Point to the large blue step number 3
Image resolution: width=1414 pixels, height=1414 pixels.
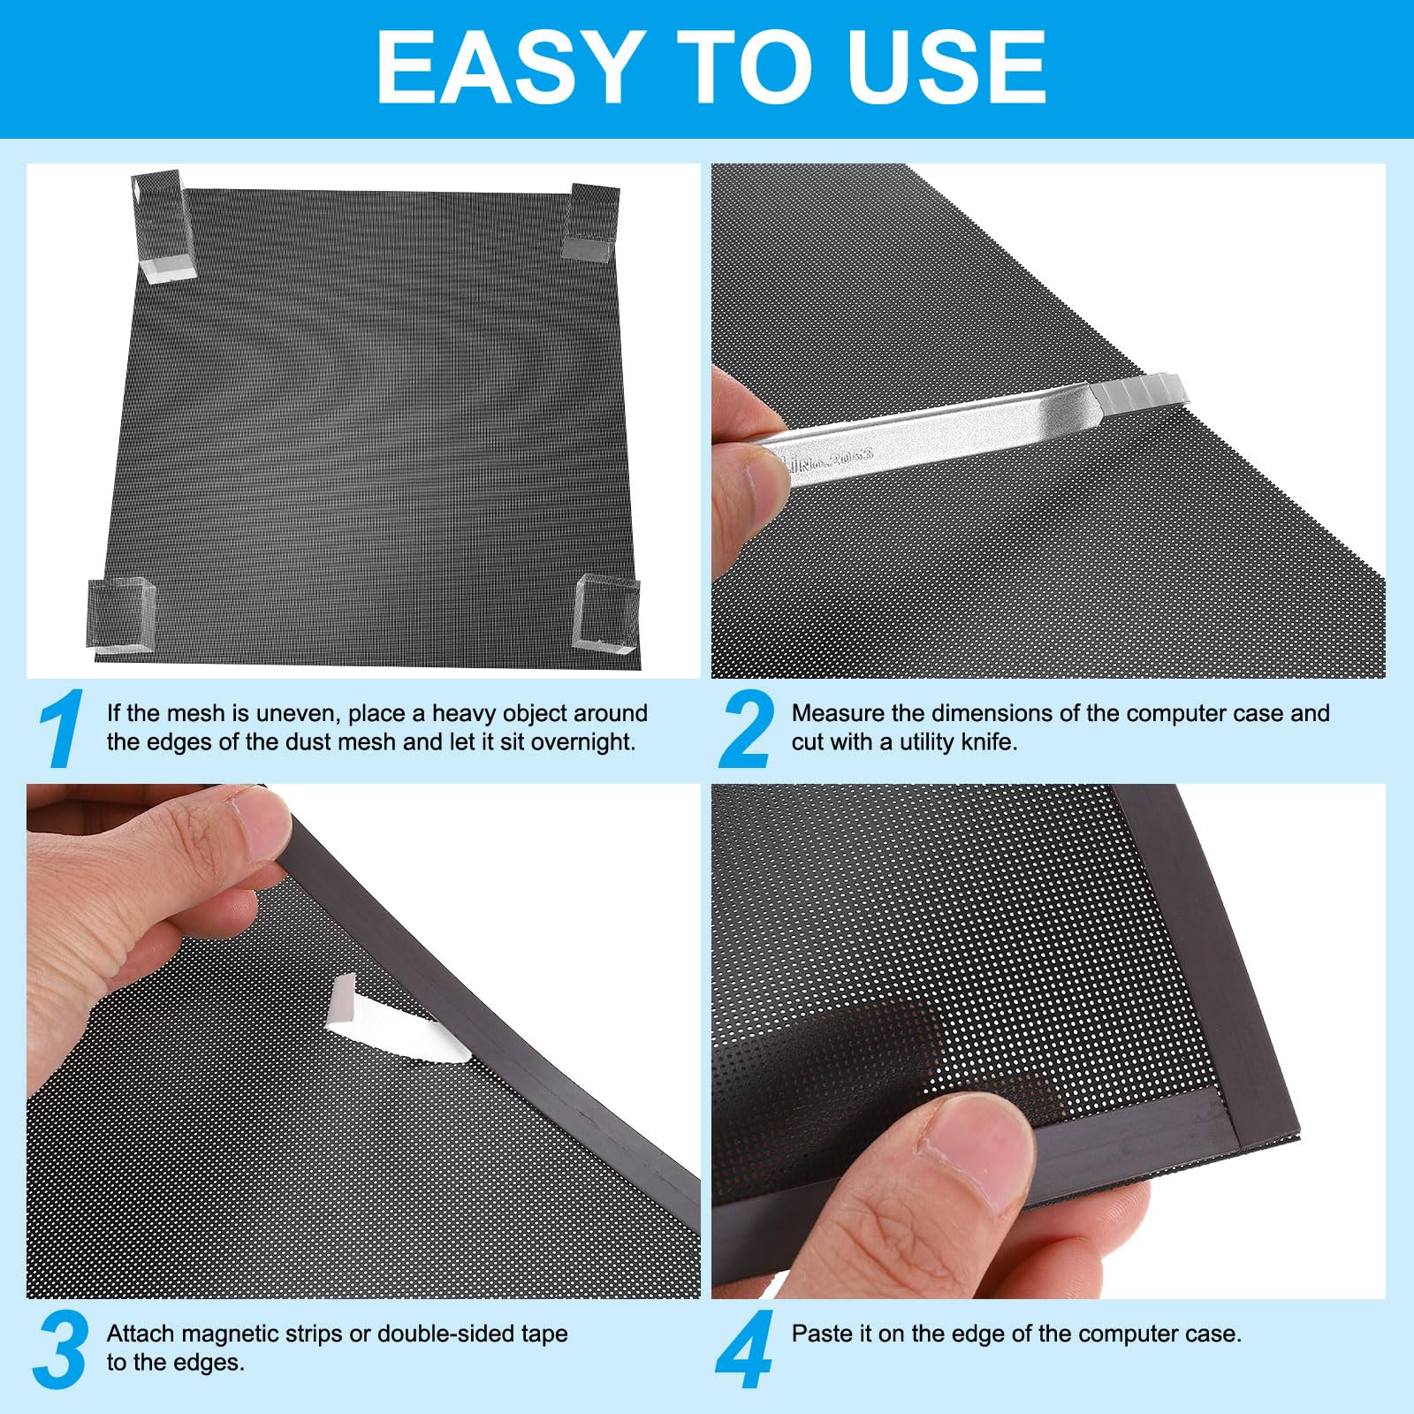pos(61,1349)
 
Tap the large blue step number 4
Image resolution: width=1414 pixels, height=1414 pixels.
pos(745,1349)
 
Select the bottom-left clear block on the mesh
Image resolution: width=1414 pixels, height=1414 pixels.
pos(123,617)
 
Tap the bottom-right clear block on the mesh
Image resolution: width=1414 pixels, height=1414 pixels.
pos(605,615)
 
